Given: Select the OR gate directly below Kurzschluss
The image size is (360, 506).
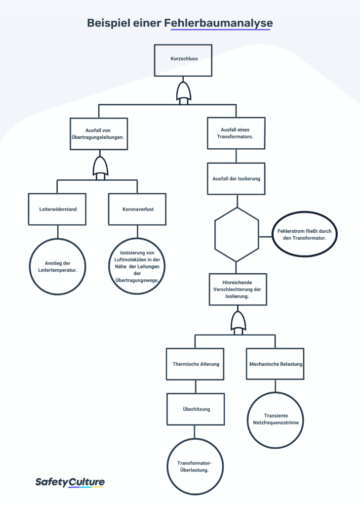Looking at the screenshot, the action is [x=183, y=93].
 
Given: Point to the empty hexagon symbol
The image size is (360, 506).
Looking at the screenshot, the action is [x=215, y=235].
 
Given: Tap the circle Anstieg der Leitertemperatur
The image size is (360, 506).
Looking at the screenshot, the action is [x=57, y=239].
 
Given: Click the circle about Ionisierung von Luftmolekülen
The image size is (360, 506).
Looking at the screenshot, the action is [x=137, y=239].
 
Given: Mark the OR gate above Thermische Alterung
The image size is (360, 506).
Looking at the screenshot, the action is [x=238, y=323].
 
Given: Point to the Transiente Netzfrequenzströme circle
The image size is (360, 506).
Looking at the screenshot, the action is [x=276, y=393].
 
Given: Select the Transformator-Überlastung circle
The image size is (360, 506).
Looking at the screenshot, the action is [x=195, y=439].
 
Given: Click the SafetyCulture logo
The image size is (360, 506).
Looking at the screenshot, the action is [x=70, y=482].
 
